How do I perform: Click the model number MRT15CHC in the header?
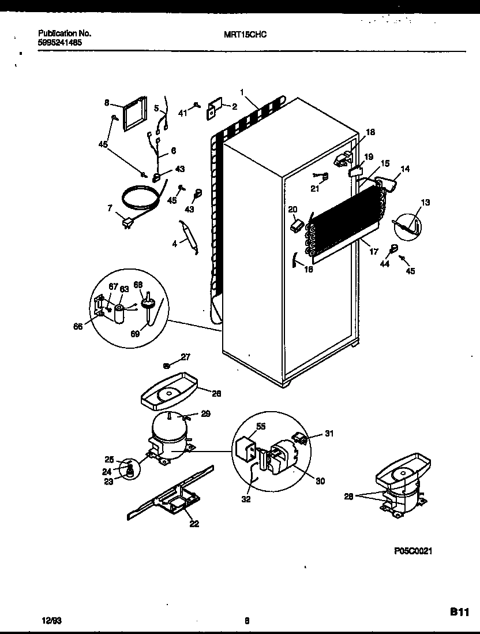(x=245, y=34)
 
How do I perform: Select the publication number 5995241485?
(x=57, y=42)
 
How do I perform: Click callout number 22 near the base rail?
(x=194, y=524)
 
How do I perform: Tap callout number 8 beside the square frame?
(x=107, y=103)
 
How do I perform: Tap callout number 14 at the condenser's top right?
(x=405, y=169)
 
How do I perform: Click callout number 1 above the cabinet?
(x=242, y=92)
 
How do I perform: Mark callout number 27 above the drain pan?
(x=186, y=357)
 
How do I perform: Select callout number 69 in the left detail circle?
(x=135, y=333)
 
